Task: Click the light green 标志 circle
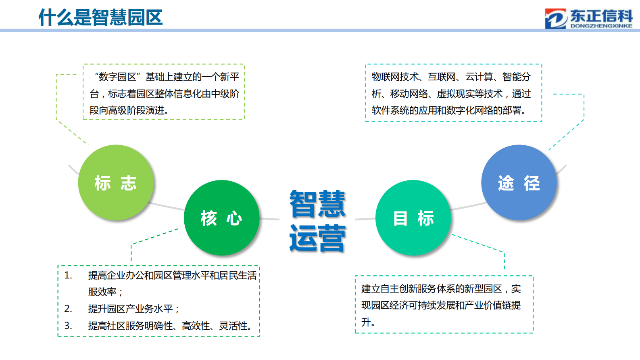point(116,182)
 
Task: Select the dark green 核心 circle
point(221,218)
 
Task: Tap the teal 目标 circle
point(413,218)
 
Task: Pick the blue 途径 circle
point(519,182)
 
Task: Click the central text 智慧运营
point(317,221)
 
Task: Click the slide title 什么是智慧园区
point(100,17)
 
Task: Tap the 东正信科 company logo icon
point(555,19)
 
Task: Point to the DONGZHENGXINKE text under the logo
point(601,26)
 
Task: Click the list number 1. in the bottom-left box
point(68,275)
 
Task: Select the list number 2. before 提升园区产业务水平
point(68,309)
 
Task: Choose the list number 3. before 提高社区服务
point(68,326)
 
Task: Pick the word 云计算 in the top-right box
point(479,77)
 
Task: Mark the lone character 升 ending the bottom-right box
point(366,322)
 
